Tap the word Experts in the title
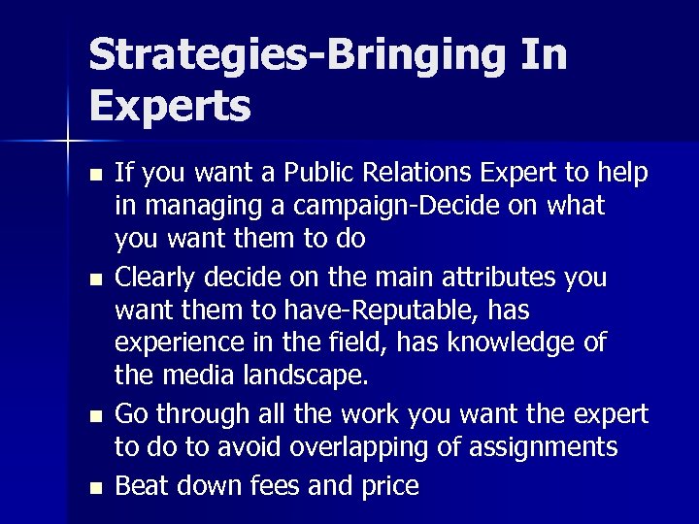click(x=170, y=107)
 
